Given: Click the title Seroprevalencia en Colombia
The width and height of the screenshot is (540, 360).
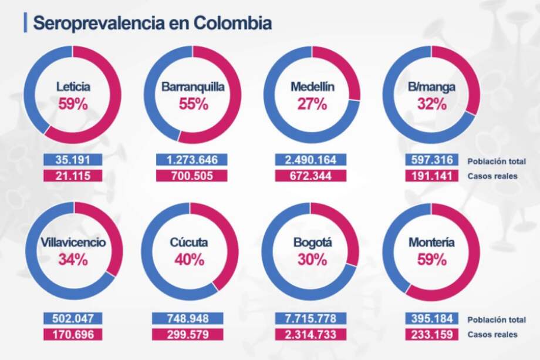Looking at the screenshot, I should [152, 23].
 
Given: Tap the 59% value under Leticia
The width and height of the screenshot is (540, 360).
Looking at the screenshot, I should [73, 105].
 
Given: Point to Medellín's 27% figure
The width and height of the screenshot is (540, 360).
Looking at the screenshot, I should [312, 105].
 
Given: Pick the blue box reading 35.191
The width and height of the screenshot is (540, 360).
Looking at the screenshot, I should [73, 160].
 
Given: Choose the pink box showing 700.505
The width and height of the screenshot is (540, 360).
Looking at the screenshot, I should [193, 175].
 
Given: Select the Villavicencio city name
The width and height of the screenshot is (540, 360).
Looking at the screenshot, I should [73, 243].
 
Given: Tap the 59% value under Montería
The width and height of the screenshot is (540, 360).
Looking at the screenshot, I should [432, 259].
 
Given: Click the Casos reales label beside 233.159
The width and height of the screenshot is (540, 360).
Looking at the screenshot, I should [492, 334].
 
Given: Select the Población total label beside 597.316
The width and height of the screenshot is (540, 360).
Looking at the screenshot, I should [496, 160].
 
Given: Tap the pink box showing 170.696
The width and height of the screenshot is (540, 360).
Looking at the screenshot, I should [73, 334].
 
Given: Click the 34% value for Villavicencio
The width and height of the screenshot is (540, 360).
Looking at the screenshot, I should [73, 259].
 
